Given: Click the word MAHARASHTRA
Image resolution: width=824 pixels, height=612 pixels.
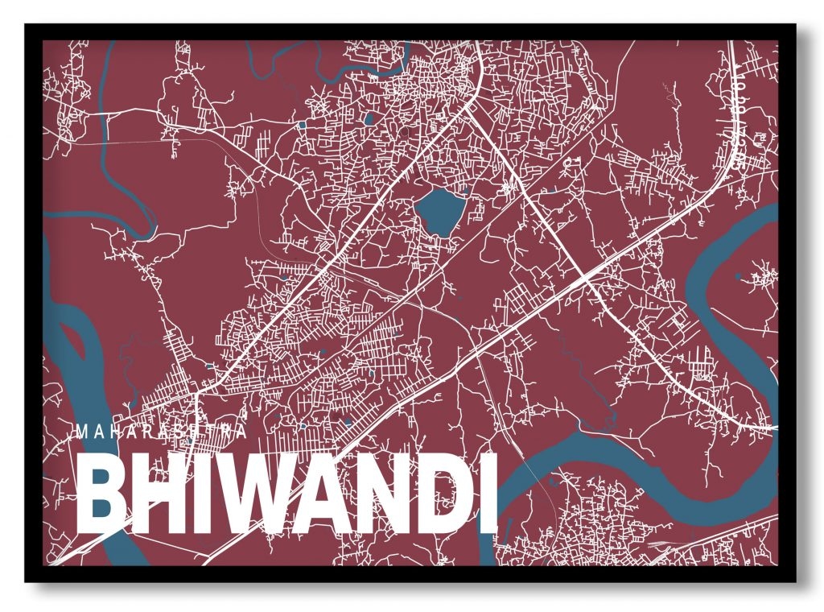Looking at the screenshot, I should coord(161,432).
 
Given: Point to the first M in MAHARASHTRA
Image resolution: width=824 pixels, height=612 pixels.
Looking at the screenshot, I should coord(82,432).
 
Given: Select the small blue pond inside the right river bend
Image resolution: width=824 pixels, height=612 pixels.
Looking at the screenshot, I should coord(739,276).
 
